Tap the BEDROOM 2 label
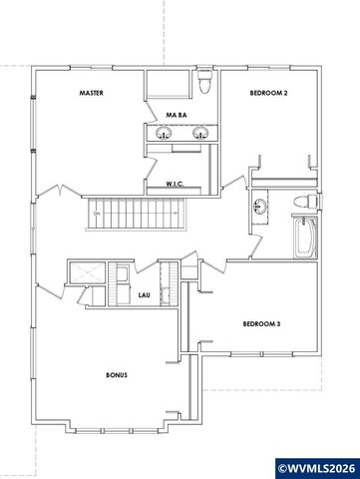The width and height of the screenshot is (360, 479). pyautogui.click(x=268, y=93)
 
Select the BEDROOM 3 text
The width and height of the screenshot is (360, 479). pyautogui.click(x=262, y=323)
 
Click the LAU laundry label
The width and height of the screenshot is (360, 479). pyautogui.click(x=144, y=295)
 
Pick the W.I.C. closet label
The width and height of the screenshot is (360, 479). pyautogui.click(x=179, y=185)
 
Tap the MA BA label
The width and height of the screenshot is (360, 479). pyautogui.click(x=178, y=115)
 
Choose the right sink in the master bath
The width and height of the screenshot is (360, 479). pyautogui.click(x=200, y=133)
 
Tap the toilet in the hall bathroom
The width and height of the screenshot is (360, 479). pyautogui.click(x=306, y=203)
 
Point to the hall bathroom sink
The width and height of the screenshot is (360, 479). pyautogui.click(x=261, y=208)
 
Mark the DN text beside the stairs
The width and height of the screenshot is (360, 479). pyautogui.click(x=97, y=213)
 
